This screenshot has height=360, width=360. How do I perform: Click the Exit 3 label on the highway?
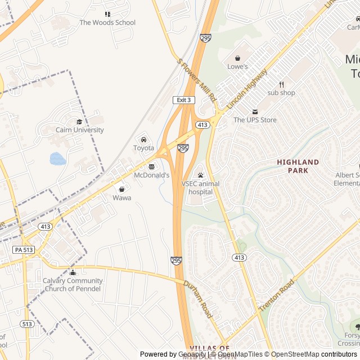[x=183, y=100]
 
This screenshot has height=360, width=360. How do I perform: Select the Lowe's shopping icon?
[x=237, y=58]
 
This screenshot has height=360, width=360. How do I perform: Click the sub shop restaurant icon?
[x=281, y=84]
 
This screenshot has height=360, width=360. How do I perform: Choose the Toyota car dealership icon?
[x=143, y=139]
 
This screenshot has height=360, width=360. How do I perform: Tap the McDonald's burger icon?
[x=151, y=166]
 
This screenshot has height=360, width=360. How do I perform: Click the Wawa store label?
[x=121, y=198]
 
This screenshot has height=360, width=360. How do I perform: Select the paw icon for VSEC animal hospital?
[x=200, y=175]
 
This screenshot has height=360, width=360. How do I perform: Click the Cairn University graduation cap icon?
[x=79, y=121]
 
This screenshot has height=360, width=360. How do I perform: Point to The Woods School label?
[x=107, y=22]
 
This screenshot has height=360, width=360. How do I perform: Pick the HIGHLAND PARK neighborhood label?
[x=298, y=166]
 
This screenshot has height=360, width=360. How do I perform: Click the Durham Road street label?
[x=197, y=299]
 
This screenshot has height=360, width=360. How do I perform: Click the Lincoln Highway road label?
[x=247, y=89]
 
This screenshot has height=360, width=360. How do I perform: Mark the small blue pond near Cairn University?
[x=57, y=159]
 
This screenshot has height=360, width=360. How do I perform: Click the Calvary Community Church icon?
[x=73, y=273]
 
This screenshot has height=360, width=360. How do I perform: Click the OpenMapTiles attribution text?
[x=241, y=354]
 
